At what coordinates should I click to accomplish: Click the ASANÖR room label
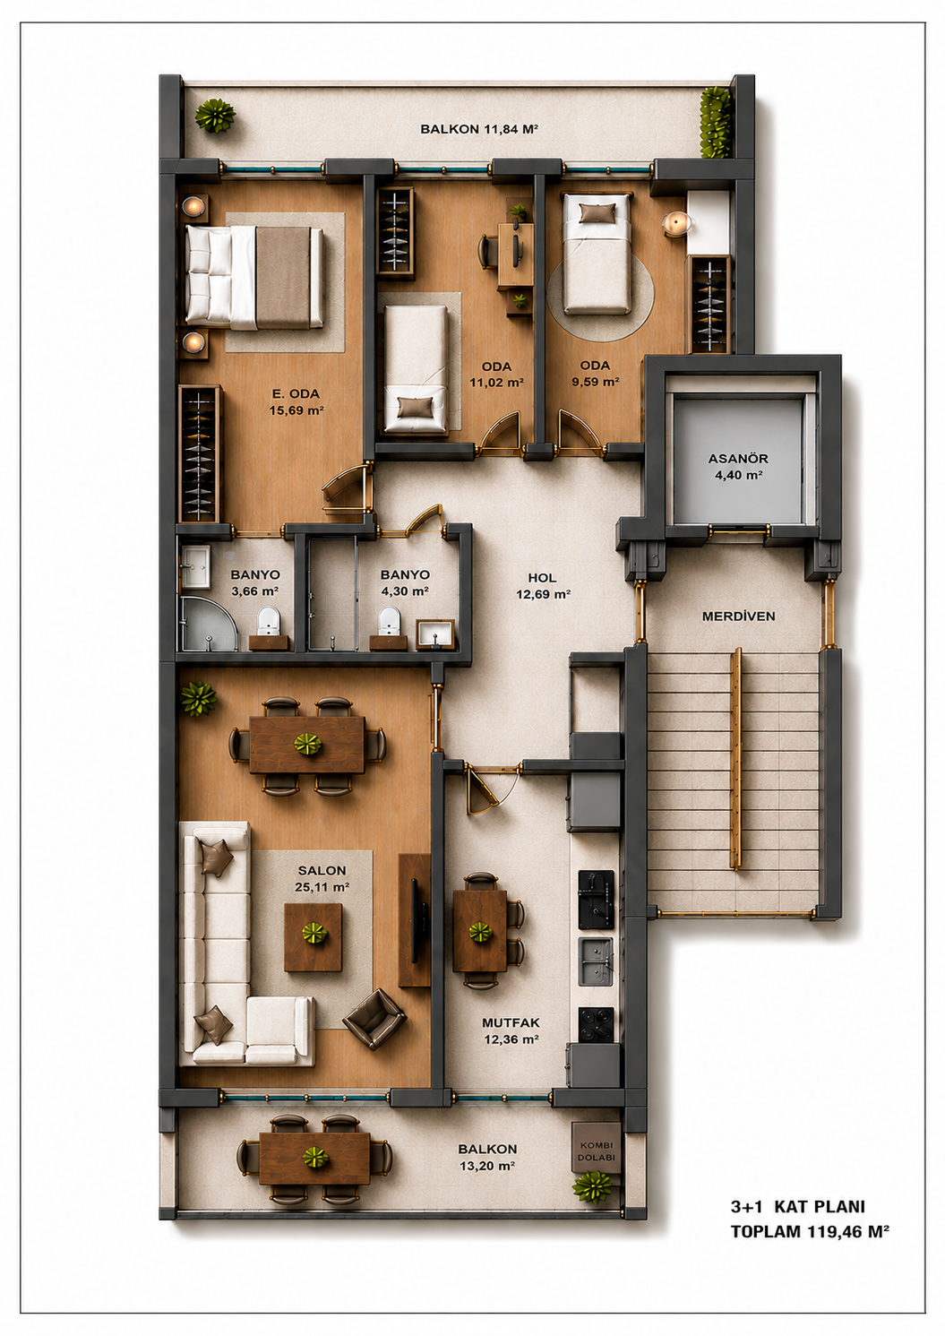click(738, 459)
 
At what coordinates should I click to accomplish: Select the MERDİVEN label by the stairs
click(739, 616)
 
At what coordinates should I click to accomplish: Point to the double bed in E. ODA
click(254, 278)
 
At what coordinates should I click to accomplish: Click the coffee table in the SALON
click(313, 937)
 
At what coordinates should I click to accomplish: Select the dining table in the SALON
click(307, 745)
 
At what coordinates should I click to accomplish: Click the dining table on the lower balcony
click(314, 1159)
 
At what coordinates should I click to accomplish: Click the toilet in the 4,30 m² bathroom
click(389, 621)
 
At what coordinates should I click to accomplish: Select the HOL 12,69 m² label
click(543, 586)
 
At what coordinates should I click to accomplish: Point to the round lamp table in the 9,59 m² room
click(677, 224)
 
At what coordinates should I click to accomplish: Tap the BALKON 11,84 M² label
click(479, 129)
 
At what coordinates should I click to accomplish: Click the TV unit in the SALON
click(415, 920)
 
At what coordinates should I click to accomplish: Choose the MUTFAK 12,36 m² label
click(511, 1030)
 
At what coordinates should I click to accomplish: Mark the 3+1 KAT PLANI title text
click(798, 1207)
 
